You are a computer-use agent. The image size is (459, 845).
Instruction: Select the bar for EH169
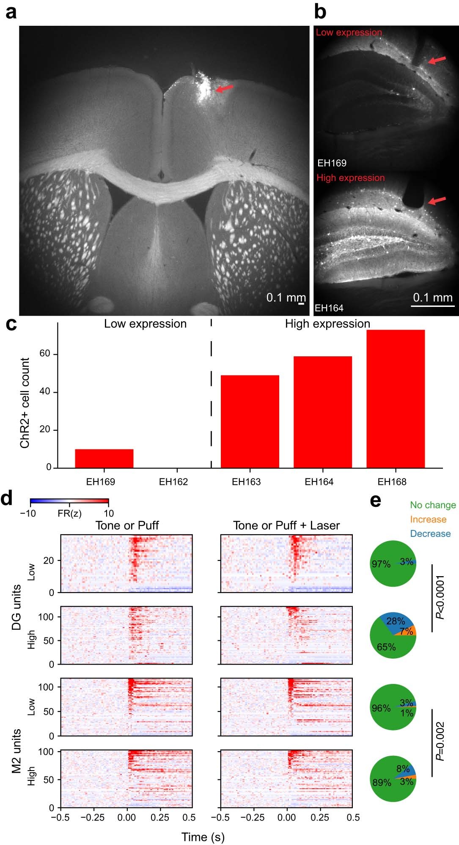point(104,458)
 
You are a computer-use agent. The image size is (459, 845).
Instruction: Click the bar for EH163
point(250,421)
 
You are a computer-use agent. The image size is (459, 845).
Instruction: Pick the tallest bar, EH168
point(395,399)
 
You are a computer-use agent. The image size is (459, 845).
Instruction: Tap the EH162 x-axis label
point(173,482)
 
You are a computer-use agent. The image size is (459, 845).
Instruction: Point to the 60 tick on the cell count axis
point(45,354)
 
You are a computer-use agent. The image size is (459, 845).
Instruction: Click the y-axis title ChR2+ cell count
point(25,403)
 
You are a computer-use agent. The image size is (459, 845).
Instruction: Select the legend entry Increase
point(428,520)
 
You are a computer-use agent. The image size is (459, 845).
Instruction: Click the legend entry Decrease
point(430,533)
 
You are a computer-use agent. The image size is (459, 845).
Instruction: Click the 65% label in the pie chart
point(386,647)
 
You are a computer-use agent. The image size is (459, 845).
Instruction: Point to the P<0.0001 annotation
point(440,597)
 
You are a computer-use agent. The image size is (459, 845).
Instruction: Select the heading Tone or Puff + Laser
point(286,525)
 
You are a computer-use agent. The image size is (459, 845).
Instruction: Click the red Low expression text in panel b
point(349,33)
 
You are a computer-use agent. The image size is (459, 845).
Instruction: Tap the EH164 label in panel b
point(329,308)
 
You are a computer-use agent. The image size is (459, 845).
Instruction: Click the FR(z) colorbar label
point(69,514)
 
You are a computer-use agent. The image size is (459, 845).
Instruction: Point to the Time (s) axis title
point(203,837)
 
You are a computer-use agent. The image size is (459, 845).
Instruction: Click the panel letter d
point(7,499)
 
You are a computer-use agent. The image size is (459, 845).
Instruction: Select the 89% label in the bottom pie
point(382,782)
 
